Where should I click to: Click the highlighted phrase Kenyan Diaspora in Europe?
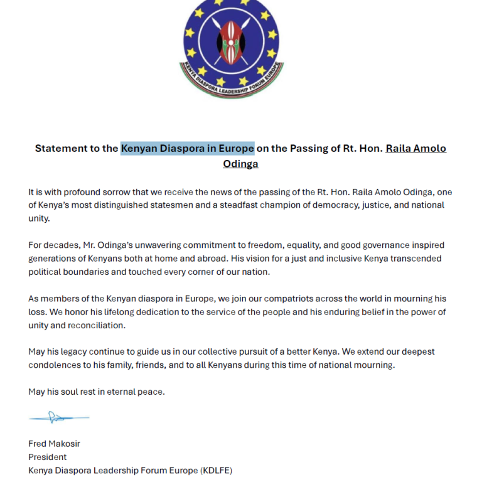[x=187, y=149]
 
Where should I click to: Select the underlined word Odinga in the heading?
[x=240, y=164]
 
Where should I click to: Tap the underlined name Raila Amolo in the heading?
[x=415, y=149]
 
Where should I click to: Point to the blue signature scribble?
[x=58, y=417]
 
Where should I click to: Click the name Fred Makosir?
[x=54, y=444]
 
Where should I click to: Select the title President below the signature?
[x=47, y=457]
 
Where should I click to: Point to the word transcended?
[x=414, y=259]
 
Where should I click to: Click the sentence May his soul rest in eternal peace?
[x=96, y=392]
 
